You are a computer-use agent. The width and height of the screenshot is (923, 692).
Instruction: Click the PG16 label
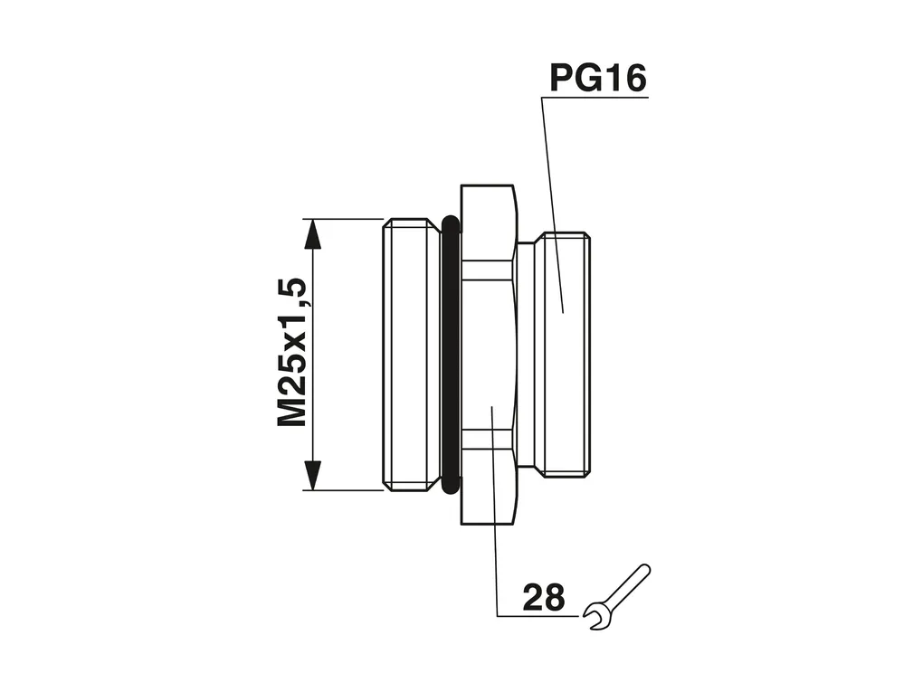(x=598, y=79)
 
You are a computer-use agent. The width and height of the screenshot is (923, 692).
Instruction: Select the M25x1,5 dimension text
(x=292, y=352)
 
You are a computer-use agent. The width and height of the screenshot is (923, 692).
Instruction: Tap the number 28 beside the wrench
(x=543, y=597)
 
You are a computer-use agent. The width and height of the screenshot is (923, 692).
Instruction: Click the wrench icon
(x=616, y=597)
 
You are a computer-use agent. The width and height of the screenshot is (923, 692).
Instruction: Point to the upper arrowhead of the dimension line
(x=313, y=234)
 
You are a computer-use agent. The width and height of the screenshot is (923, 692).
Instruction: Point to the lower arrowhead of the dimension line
(x=313, y=475)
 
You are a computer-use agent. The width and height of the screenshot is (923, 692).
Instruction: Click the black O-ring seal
(x=450, y=355)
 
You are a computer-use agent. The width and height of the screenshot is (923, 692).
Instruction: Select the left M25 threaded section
(x=412, y=355)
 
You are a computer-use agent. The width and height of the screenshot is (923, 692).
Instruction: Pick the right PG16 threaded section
(x=566, y=355)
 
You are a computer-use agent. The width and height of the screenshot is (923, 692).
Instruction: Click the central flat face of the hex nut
(x=490, y=355)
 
